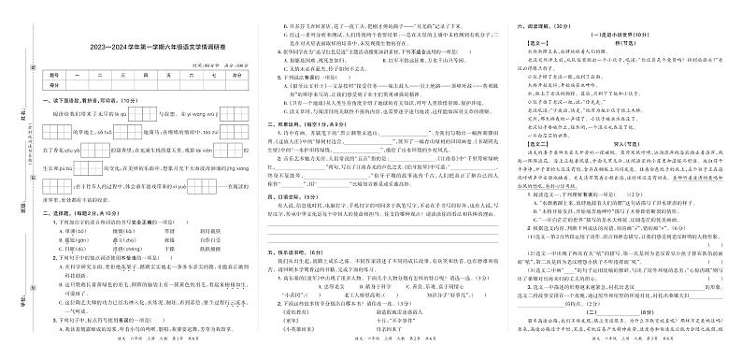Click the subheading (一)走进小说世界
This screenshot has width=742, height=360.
[611, 37]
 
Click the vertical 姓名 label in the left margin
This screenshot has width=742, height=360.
[21, 91]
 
